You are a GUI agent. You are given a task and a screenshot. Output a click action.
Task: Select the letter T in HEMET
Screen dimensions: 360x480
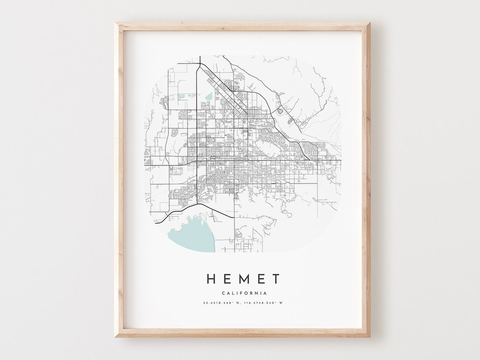click(x=275, y=279)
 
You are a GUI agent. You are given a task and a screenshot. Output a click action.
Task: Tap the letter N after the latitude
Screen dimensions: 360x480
click(x=238, y=303)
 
